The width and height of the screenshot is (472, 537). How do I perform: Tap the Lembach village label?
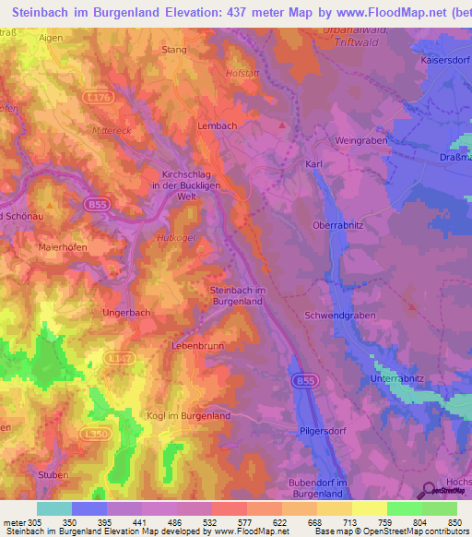(x=218, y=125)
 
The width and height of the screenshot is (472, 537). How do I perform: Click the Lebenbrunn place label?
(x=198, y=345)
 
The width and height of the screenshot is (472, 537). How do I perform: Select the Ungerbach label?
(x=126, y=312)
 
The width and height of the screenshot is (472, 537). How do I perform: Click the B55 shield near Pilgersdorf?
(x=304, y=380)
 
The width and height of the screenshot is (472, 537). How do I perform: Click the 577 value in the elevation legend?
(x=226, y=522)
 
